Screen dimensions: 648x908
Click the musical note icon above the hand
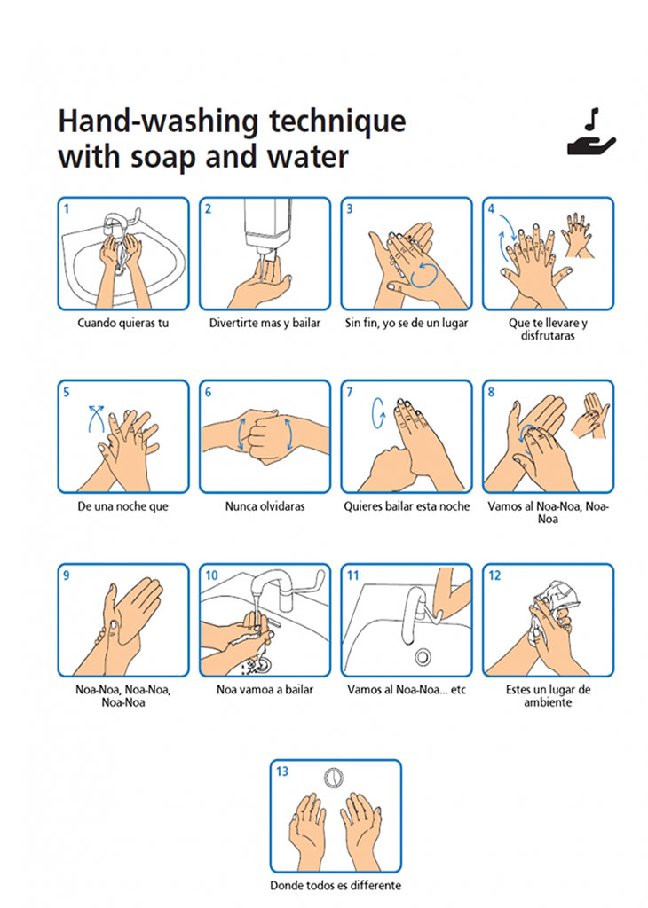point(592,120)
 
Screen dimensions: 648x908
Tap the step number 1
point(67,209)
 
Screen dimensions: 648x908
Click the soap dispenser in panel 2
point(266,227)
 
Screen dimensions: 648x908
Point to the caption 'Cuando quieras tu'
point(122,323)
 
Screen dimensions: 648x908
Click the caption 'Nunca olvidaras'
point(265,506)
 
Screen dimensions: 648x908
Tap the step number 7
point(350,392)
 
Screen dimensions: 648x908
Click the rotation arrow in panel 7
point(378,413)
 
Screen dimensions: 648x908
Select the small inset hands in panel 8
point(590,415)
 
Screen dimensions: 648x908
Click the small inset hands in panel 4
point(577,235)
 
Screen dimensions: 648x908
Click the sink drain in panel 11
point(423,657)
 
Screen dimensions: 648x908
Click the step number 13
point(281,771)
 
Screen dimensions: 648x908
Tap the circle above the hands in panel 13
point(334,778)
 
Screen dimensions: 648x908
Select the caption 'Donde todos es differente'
point(336,886)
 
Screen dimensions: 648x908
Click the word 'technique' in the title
point(337,121)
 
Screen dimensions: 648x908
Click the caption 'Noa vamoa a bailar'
point(265,690)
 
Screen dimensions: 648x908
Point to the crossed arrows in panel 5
point(96,419)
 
